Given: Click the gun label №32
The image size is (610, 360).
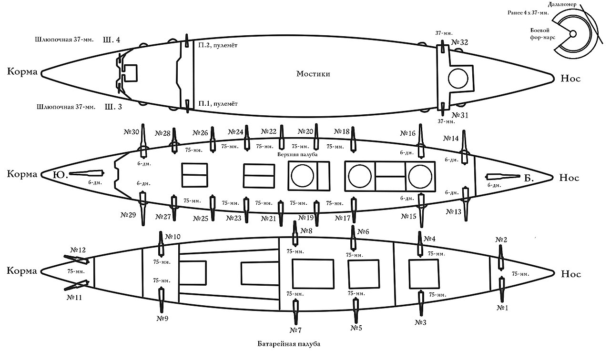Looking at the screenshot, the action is pos(460,42).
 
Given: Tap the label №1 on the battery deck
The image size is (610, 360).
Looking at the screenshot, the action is pos(502,308).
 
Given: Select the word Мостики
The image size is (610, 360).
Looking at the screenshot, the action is pos(313,74).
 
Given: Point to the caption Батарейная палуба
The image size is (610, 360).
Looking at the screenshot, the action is pos(289,344).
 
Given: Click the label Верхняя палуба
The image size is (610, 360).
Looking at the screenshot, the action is pos(297,154).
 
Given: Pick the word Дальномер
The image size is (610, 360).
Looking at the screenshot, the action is pos(562,5).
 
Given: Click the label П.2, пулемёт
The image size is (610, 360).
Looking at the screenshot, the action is pos(218,45).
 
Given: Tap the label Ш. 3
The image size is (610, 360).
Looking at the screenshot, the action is pos(113,107).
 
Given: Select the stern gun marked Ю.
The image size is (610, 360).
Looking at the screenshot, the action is pos(87,173).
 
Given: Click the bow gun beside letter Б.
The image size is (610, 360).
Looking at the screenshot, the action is pos(503,177).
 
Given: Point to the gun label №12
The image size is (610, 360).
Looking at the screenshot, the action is pos(78,250).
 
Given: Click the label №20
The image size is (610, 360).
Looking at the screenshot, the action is pos(305,132).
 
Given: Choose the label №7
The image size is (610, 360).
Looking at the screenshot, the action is pos(295,330).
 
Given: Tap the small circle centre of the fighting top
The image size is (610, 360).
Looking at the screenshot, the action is pos(573,34).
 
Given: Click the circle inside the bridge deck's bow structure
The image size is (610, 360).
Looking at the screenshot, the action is pos(458,79).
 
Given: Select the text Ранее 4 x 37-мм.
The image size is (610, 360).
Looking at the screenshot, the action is pos(528,13).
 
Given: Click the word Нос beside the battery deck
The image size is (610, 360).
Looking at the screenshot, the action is pos(571,274).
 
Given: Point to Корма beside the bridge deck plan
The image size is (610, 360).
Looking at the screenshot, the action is pos(22,71).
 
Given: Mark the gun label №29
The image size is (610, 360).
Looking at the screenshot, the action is pos(128,215).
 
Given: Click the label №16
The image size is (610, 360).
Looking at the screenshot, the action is pos(407,133).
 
